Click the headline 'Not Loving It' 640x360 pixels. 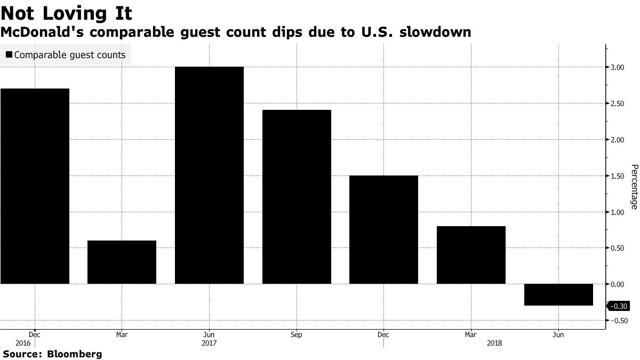pyautogui.click(x=67, y=12)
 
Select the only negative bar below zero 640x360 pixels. pyautogui.click(x=558, y=294)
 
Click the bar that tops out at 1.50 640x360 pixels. pyautogui.click(x=383, y=229)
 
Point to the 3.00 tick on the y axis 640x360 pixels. pyautogui.click(x=618, y=67)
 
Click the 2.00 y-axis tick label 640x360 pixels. pyautogui.click(x=618, y=140)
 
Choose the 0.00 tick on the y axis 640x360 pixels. pyautogui.click(x=618, y=284)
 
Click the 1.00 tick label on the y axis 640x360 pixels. pyautogui.click(x=618, y=212)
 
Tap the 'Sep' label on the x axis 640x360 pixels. pyautogui.click(x=297, y=334)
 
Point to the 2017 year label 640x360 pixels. pyautogui.click(x=209, y=343)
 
